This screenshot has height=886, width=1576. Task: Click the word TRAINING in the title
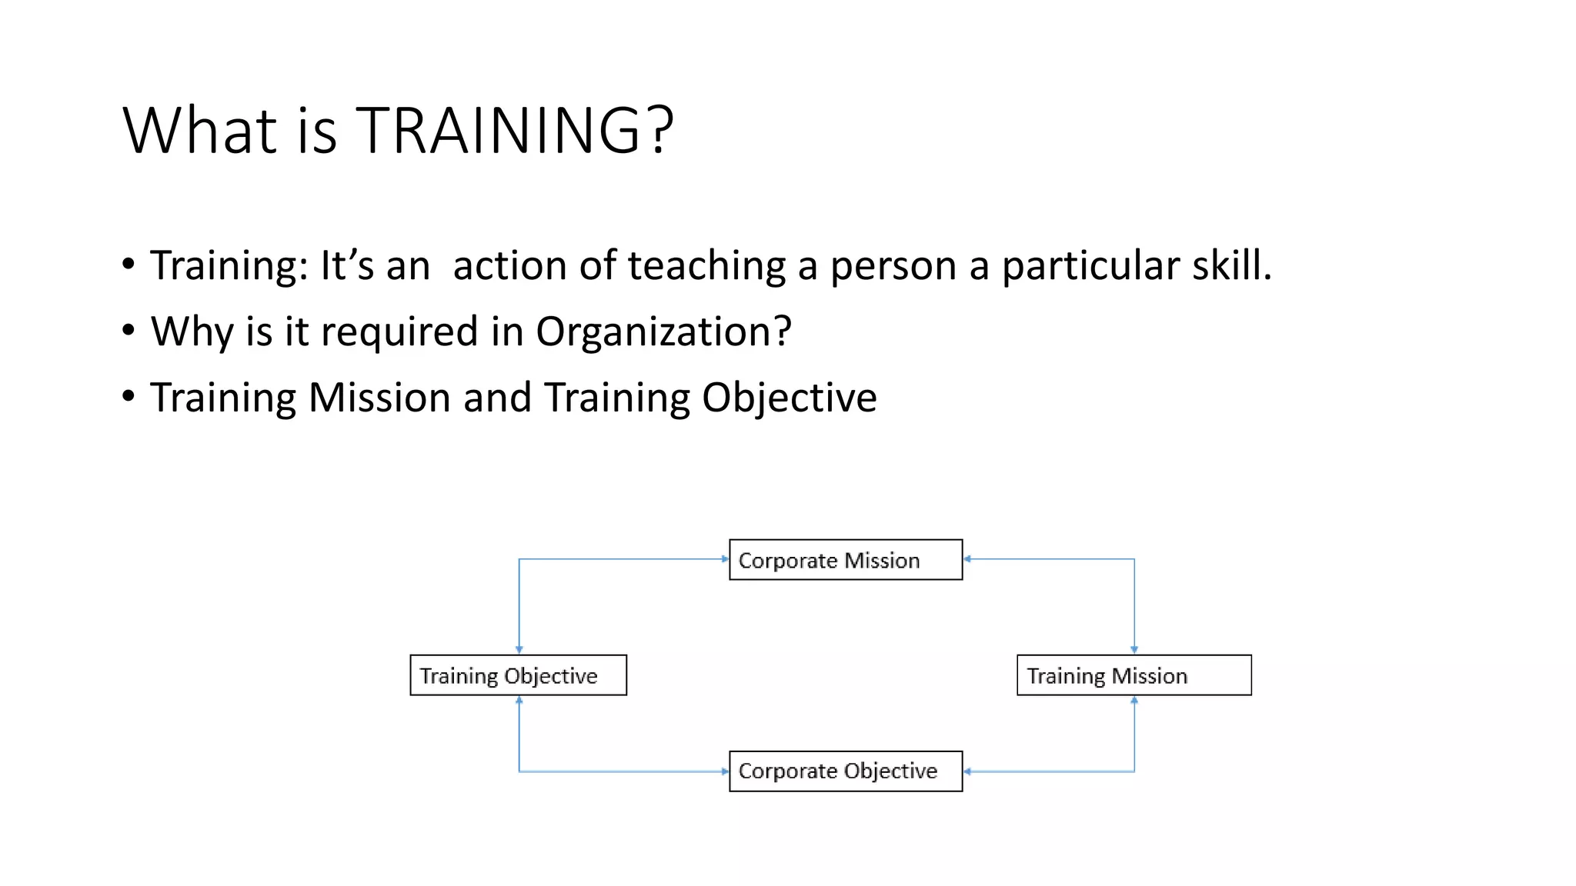497,131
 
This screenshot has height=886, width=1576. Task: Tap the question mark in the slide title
660,131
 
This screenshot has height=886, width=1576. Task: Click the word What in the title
199,131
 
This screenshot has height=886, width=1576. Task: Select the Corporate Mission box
845,560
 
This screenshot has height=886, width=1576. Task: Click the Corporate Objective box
845,771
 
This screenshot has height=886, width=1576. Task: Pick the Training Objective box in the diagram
518,675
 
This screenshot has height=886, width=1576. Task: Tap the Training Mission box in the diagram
1134,675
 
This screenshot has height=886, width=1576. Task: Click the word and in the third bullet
496,398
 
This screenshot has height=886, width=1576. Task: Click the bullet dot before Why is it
129,331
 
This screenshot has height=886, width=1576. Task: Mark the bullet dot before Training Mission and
129,397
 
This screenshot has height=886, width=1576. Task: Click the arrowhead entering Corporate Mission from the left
724,559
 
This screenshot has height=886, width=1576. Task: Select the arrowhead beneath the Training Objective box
519,701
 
